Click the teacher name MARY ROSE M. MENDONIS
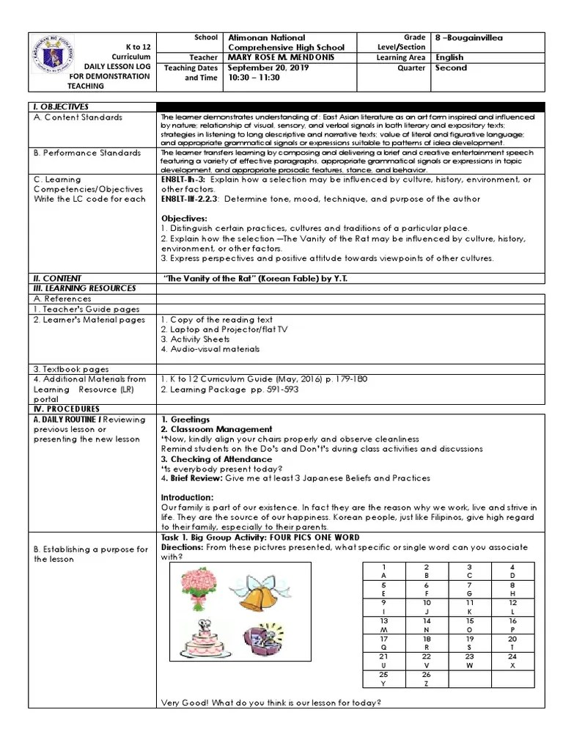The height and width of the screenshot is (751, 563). [278, 57]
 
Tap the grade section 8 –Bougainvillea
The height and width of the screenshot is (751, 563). [469, 37]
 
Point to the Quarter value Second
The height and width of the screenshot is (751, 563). [451, 67]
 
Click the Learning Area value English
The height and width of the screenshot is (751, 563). [449, 57]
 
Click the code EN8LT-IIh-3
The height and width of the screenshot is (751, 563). [185, 180]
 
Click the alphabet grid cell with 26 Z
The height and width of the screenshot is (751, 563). [427, 679]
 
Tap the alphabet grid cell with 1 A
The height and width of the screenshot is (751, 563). [383, 572]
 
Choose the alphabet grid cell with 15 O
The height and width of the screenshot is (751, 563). [470, 625]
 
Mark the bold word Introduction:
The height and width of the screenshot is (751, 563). [186, 497]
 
